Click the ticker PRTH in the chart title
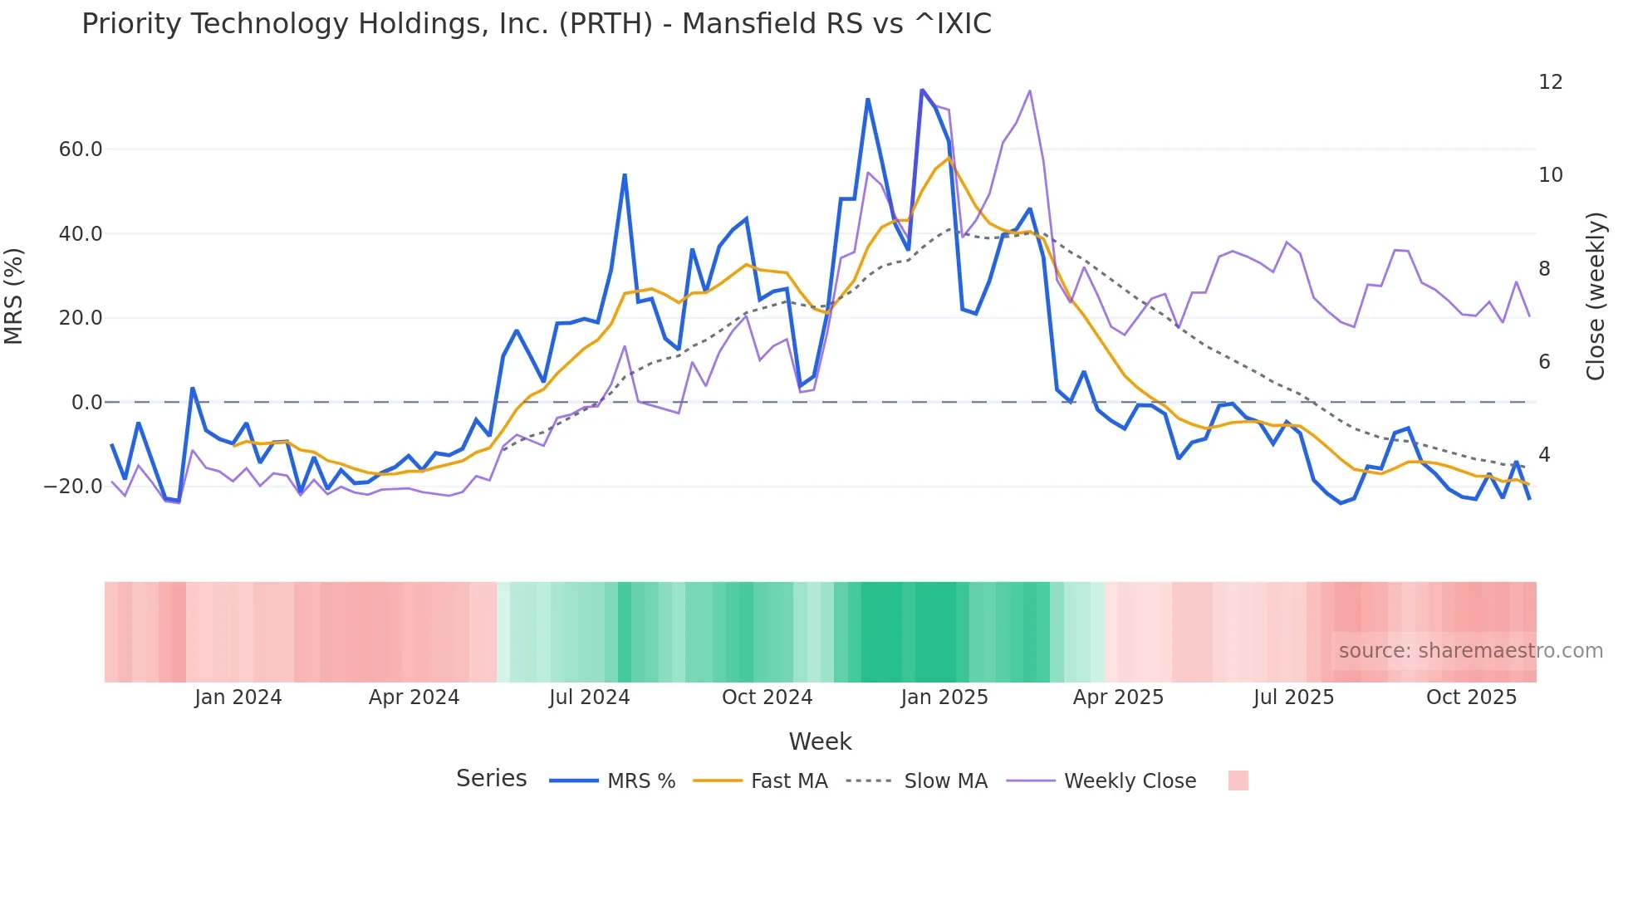click(x=606, y=24)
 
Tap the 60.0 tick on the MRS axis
click(x=81, y=149)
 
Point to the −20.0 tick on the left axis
click(x=73, y=487)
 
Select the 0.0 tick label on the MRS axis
click(x=87, y=403)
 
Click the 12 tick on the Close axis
click(x=1550, y=82)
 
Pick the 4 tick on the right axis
click(x=1544, y=455)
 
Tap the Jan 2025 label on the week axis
click(x=944, y=697)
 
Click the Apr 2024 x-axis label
click(x=414, y=697)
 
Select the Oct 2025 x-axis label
click(x=1471, y=697)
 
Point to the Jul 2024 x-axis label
click(x=589, y=697)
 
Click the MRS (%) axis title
click(x=14, y=296)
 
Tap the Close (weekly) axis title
click(x=1596, y=296)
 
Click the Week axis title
click(x=820, y=741)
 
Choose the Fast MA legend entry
click(x=788, y=781)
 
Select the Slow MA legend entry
click(x=945, y=781)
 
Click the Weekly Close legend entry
click(x=1130, y=781)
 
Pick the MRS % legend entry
click(x=640, y=781)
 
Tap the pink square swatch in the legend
click(x=1238, y=780)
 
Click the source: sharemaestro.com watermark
click(x=1470, y=651)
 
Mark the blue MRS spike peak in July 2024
click(x=625, y=175)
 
